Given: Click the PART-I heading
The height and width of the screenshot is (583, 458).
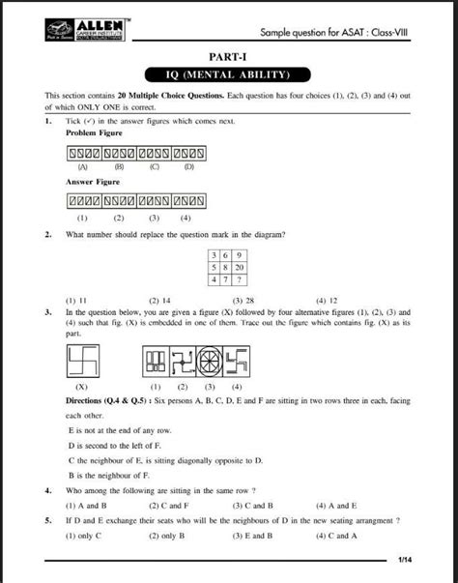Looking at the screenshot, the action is [x=228, y=58].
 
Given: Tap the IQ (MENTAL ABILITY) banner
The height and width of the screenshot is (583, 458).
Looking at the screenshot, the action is [x=228, y=74].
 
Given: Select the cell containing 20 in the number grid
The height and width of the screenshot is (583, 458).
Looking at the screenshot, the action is [x=238, y=266].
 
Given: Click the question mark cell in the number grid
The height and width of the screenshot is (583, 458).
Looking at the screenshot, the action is [x=238, y=278].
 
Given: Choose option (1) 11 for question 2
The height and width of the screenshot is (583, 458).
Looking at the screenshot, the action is [x=76, y=301].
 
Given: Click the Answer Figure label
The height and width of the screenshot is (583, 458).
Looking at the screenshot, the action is [x=93, y=181].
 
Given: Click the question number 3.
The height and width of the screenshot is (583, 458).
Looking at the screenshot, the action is [x=47, y=313].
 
